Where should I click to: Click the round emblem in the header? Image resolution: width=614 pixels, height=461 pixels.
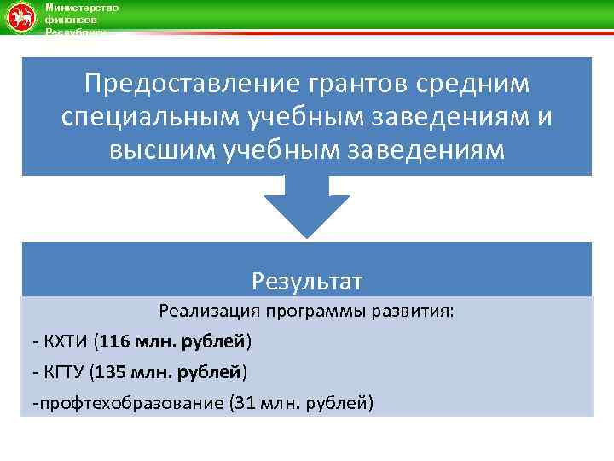pos(20,18)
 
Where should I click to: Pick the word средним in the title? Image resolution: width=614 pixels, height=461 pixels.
pos(478,85)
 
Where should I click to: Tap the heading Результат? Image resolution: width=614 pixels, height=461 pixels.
pos(307,281)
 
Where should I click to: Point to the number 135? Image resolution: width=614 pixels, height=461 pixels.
pos(110,372)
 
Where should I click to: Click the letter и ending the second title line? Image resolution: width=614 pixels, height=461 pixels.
pos(543,118)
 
